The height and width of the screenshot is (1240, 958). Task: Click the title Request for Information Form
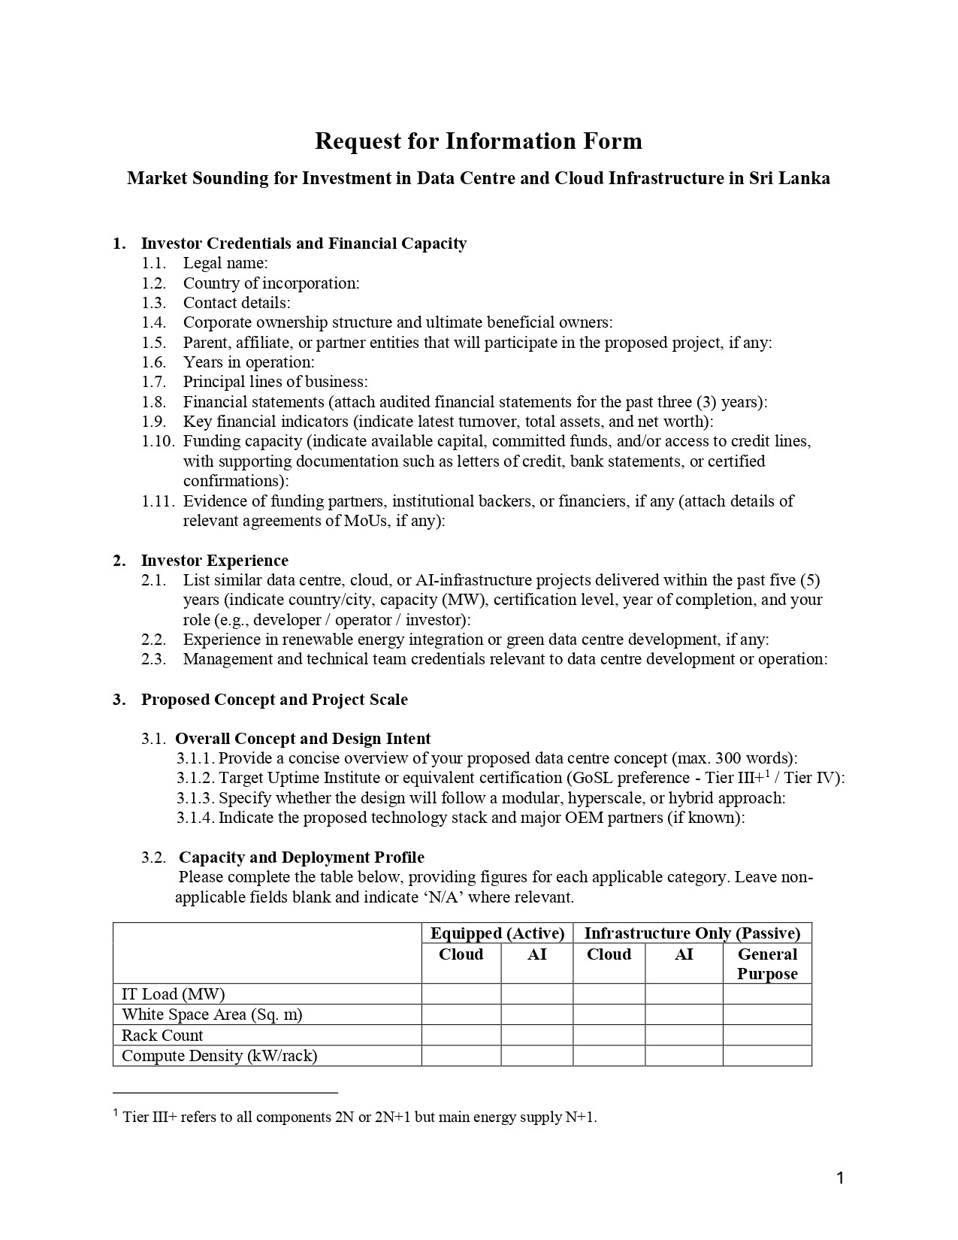pyautogui.click(x=478, y=141)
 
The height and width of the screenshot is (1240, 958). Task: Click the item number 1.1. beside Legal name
pyautogui.click(x=153, y=264)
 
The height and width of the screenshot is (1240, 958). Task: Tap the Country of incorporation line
pyautogui.click(x=271, y=283)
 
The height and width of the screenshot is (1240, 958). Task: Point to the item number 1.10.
pyautogui.click(x=158, y=441)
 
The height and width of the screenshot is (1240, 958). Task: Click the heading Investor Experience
pyautogui.click(x=214, y=561)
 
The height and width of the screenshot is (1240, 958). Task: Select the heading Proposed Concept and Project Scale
pyautogui.click(x=274, y=700)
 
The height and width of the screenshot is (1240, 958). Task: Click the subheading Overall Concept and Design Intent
pyautogui.click(x=303, y=739)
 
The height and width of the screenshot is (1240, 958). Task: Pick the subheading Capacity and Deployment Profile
pyautogui.click(x=301, y=857)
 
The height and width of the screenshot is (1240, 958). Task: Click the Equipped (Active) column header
pyautogui.click(x=497, y=933)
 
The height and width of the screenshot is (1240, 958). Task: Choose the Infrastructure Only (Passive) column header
pyautogui.click(x=692, y=933)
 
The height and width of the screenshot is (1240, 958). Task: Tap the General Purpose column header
pyautogui.click(x=767, y=964)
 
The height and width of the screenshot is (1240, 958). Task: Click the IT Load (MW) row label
pyautogui.click(x=174, y=994)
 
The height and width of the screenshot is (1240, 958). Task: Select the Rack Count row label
pyautogui.click(x=162, y=1036)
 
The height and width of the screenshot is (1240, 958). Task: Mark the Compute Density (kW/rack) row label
pyautogui.click(x=219, y=1056)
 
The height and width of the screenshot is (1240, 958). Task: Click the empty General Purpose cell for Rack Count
pyautogui.click(x=767, y=1036)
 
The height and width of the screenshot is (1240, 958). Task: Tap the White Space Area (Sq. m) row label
pyautogui.click(x=212, y=1015)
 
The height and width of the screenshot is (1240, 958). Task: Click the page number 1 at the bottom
pyautogui.click(x=840, y=1178)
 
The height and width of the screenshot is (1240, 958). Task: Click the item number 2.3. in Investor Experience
pyautogui.click(x=153, y=660)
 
